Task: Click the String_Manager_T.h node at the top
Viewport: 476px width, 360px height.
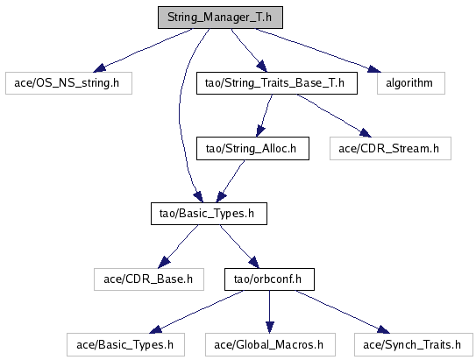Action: click(x=220, y=18)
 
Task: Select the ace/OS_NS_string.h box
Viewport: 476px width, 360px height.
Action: click(x=68, y=83)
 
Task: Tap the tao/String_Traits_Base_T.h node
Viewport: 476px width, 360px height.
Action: click(x=277, y=83)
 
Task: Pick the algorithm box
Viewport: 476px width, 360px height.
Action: click(x=411, y=83)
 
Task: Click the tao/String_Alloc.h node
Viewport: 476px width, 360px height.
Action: click(x=252, y=148)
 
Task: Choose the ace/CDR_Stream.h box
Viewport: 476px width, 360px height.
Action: click(x=390, y=148)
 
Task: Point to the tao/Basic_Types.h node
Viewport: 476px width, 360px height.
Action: click(x=209, y=214)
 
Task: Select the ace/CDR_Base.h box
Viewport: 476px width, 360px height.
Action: click(x=149, y=279)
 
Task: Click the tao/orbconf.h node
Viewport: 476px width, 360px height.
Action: click(x=269, y=279)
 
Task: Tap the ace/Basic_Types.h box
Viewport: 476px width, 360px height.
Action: click(x=125, y=345)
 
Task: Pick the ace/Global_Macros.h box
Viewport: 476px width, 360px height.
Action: click(x=270, y=345)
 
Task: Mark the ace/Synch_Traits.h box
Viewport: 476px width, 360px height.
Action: click(x=414, y=345)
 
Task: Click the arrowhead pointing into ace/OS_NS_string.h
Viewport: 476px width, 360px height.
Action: click(x=99, y=68)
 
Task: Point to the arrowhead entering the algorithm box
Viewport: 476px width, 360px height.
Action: click(x=374, y=69)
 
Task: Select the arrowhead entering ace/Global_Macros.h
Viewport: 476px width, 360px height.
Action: click(x=270, y=328)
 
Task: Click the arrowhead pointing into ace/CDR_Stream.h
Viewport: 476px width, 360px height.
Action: click(x=366, y=133)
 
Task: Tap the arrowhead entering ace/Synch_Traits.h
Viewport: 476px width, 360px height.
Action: click(x=384, y=329)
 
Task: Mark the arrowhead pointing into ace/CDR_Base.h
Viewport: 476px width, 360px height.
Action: click(x=164, y=262)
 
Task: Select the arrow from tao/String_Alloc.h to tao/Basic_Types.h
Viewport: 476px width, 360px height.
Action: click(x=231, y=180)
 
